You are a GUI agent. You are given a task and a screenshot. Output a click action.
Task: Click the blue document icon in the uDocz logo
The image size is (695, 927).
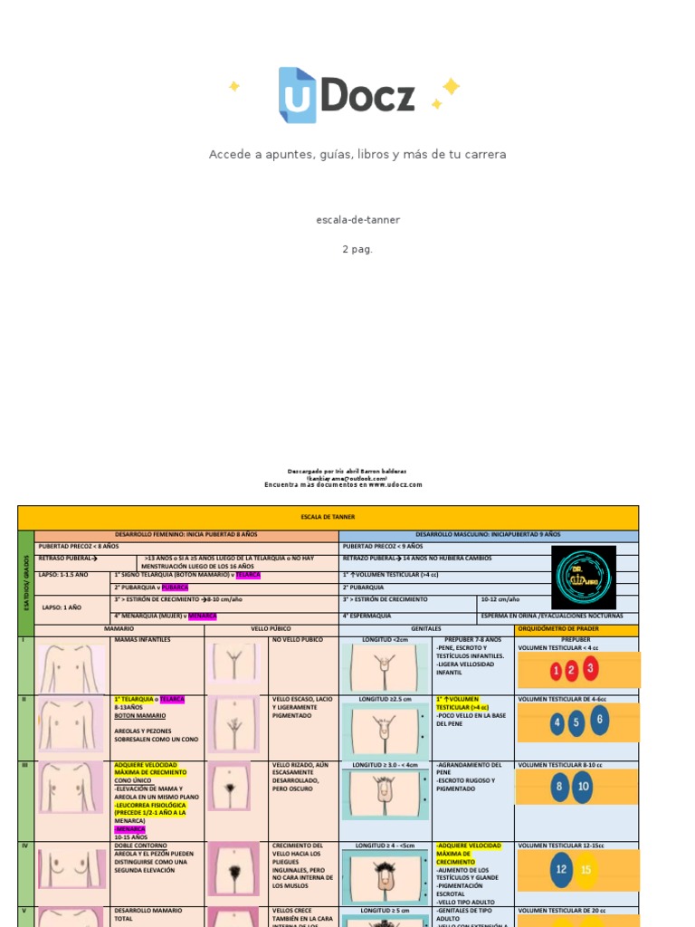297,95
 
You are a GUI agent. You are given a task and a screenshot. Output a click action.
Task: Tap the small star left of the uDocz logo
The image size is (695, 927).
234,86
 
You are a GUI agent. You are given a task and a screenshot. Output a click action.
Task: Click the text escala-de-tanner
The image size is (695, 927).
357,220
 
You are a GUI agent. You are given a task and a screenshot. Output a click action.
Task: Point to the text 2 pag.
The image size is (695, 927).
357,249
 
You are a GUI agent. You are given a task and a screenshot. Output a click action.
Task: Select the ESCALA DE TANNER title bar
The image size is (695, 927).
328,517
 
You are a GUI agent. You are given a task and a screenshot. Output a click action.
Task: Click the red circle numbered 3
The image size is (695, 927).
590,668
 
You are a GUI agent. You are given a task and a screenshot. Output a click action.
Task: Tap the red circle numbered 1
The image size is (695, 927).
556,671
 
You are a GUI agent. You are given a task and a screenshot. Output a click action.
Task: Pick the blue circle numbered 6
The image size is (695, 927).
599,721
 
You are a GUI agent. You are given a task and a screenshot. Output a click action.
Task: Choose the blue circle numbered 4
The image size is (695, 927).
557,723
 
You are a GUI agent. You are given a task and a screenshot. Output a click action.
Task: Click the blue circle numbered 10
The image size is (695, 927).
583,786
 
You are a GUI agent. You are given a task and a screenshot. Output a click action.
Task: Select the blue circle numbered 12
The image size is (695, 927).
561,869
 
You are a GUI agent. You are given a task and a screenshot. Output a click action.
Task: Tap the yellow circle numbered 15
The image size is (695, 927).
586,870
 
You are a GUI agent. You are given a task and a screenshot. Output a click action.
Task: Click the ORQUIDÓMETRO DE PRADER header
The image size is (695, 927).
576,629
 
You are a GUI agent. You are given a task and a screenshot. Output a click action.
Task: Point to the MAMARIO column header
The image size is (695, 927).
119,628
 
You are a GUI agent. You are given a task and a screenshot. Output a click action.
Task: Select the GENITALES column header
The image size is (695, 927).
426,628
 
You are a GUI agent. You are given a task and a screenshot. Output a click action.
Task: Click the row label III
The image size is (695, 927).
24,765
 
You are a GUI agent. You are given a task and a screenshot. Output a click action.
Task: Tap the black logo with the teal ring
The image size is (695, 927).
584,577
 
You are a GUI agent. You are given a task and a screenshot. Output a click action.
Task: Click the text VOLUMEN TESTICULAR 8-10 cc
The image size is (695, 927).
559,765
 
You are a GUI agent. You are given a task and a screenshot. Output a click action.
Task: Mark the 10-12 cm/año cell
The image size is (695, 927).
500,599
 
